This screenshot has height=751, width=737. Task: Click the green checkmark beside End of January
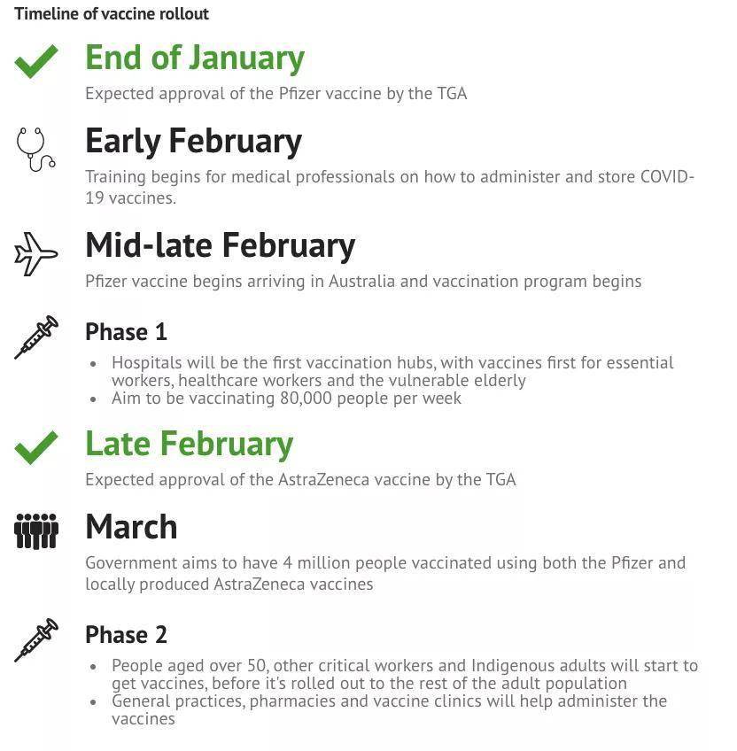coord(36,61)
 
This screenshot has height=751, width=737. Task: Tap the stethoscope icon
coord(35,149)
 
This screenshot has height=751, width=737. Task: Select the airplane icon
coord(36,253)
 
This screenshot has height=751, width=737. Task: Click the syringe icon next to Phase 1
coord(36,337)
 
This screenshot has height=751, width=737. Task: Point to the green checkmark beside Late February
coord(36,447)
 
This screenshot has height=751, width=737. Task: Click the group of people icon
coord(36,530)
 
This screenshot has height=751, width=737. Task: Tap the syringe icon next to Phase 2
coord(36,639)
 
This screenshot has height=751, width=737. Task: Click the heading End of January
coord(195,58)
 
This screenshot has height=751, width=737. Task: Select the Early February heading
coord(193,141)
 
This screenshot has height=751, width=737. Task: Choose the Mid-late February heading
coord(220,245)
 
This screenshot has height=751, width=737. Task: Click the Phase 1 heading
coord(126,332)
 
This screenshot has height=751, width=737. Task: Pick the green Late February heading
coord(189,444)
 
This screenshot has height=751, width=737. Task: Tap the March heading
coord(131,527)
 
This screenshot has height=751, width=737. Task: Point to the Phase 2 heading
coord(126,635)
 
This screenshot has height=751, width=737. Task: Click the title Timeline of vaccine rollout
coord(112,14)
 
